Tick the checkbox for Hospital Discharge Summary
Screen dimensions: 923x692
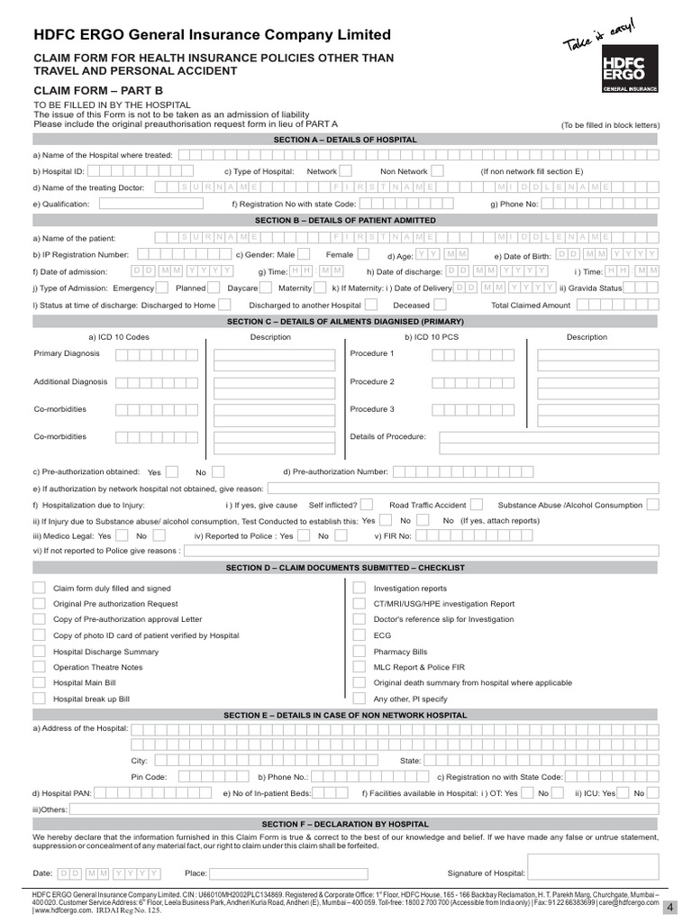[40, 652]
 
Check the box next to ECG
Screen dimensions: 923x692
[357, 635]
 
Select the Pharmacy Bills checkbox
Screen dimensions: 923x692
[357, 652]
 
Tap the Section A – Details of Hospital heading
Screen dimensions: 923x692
[346, 140]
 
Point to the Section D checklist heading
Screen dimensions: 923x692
[346, 568]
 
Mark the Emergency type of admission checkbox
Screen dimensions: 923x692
[162, 288]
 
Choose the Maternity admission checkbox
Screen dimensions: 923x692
[321, 288]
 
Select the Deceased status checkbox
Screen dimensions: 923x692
[442, 306]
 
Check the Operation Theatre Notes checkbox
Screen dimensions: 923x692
[40, 667]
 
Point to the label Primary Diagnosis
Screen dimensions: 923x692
[67, 353]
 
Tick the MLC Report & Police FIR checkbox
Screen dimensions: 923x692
[357, 667]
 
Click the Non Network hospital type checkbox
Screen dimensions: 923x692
[437, 171]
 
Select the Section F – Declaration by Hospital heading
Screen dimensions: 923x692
[346, 824]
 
